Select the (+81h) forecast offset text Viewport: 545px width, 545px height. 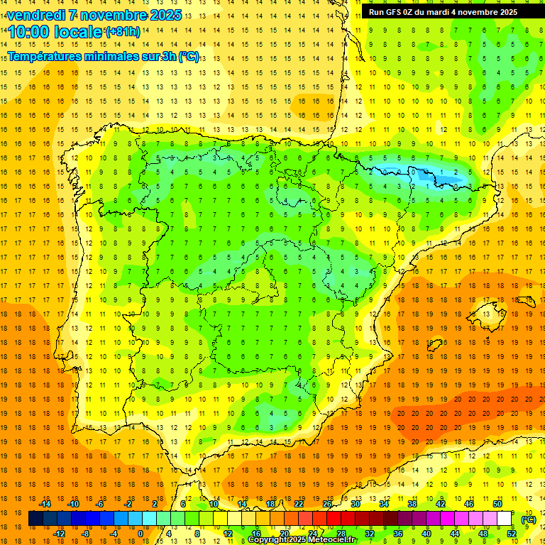pos(122,31)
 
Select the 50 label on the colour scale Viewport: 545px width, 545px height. pos(497,504)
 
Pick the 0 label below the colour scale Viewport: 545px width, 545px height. pos(140,534)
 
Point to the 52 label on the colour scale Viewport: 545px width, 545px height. pos(512,534)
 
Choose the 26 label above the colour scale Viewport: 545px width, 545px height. pos(327,504)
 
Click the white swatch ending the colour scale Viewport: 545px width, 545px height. pos(505,519)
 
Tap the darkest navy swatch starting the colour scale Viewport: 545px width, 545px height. pos(36,519)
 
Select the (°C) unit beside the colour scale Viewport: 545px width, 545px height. pos(528,519)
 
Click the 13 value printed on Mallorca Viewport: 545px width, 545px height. pos(487,314)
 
